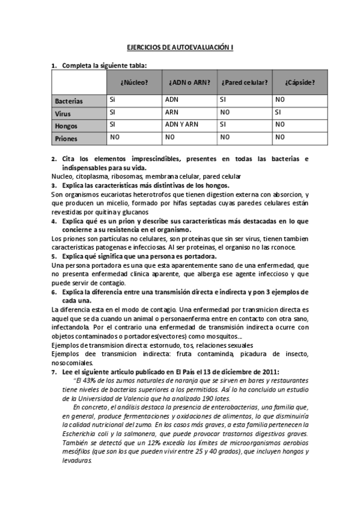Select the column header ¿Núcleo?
tap(134, 82)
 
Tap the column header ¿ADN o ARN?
tap(189, 82)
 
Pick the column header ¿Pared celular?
tap(244, 82)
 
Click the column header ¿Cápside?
tap(299, 82)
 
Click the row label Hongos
tap(66, 126)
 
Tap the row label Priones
tap(67, 138)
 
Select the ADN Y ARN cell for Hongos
tap(179, 124)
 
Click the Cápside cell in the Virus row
tap(278, 112)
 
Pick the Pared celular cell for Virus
tap(225, 112)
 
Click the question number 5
tap(53, 256)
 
